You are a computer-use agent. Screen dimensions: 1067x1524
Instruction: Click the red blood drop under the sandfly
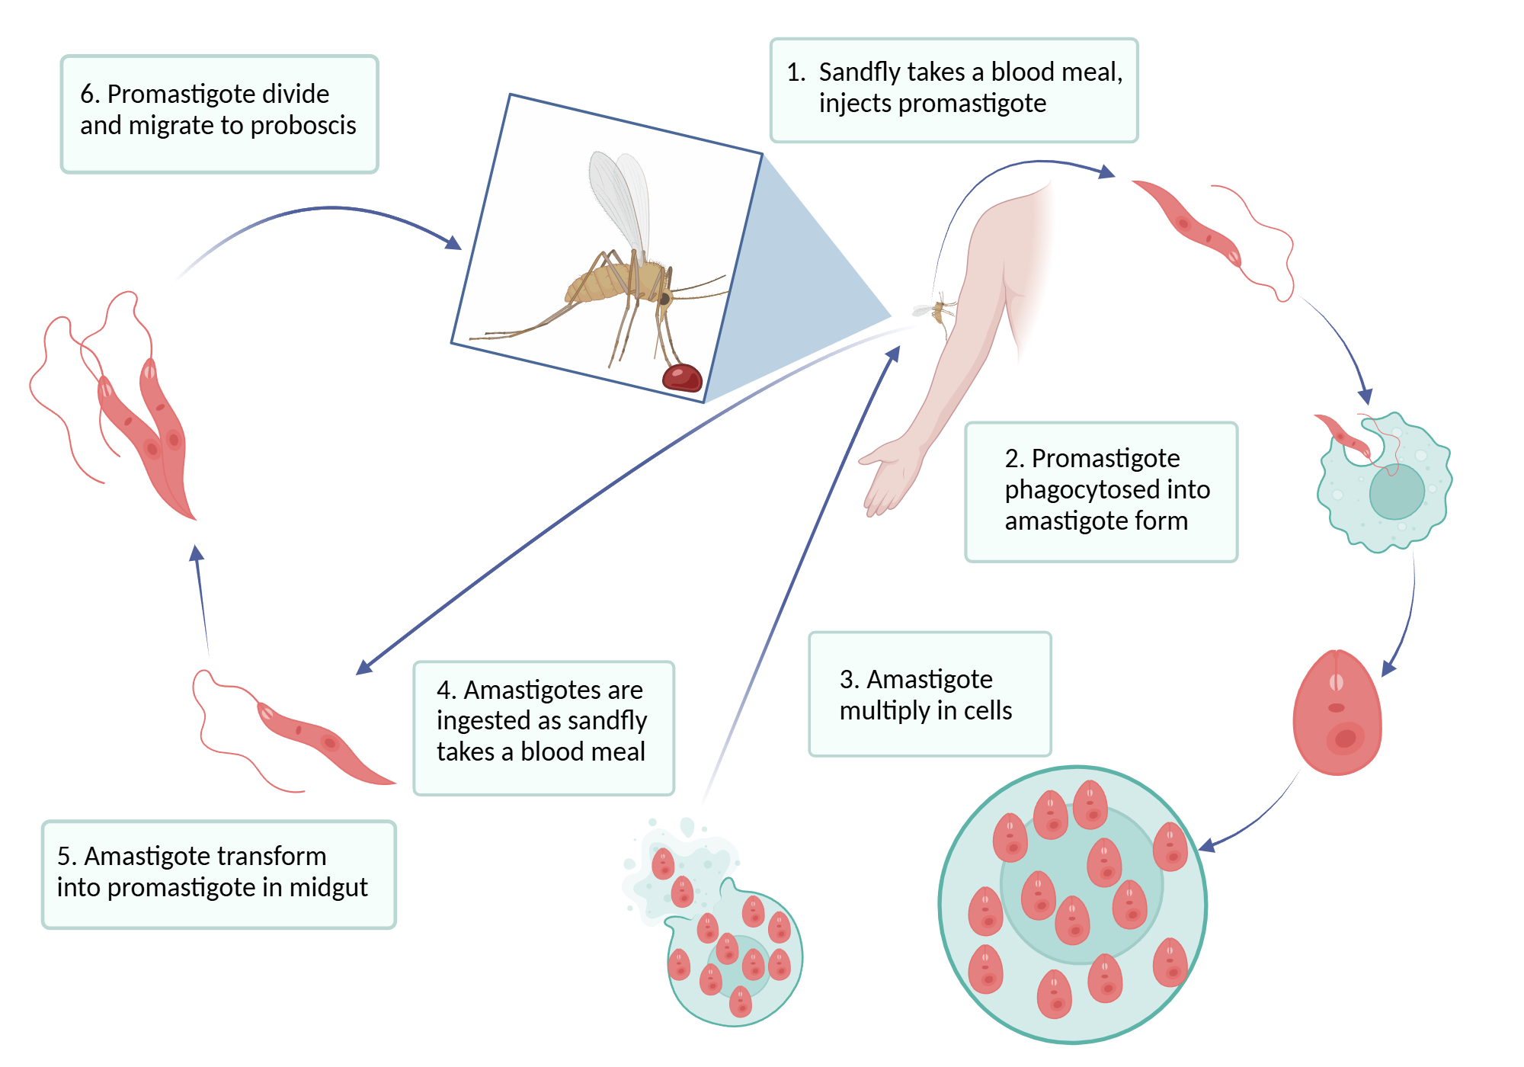coord(682,377)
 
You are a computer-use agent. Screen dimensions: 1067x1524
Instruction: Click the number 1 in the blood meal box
coord(796,72)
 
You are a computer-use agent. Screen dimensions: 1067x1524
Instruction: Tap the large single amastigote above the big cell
coord(1337,713)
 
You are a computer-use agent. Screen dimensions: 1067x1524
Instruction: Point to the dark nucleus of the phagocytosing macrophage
coord(1396,492)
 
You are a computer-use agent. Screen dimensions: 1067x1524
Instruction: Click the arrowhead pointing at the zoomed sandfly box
coord(454,243)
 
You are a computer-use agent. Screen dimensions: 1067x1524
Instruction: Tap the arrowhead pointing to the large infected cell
coord(1206,845)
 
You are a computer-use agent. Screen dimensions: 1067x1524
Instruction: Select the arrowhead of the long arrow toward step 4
coord(364,668)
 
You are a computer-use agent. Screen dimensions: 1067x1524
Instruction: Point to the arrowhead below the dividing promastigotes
coord(197,553)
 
